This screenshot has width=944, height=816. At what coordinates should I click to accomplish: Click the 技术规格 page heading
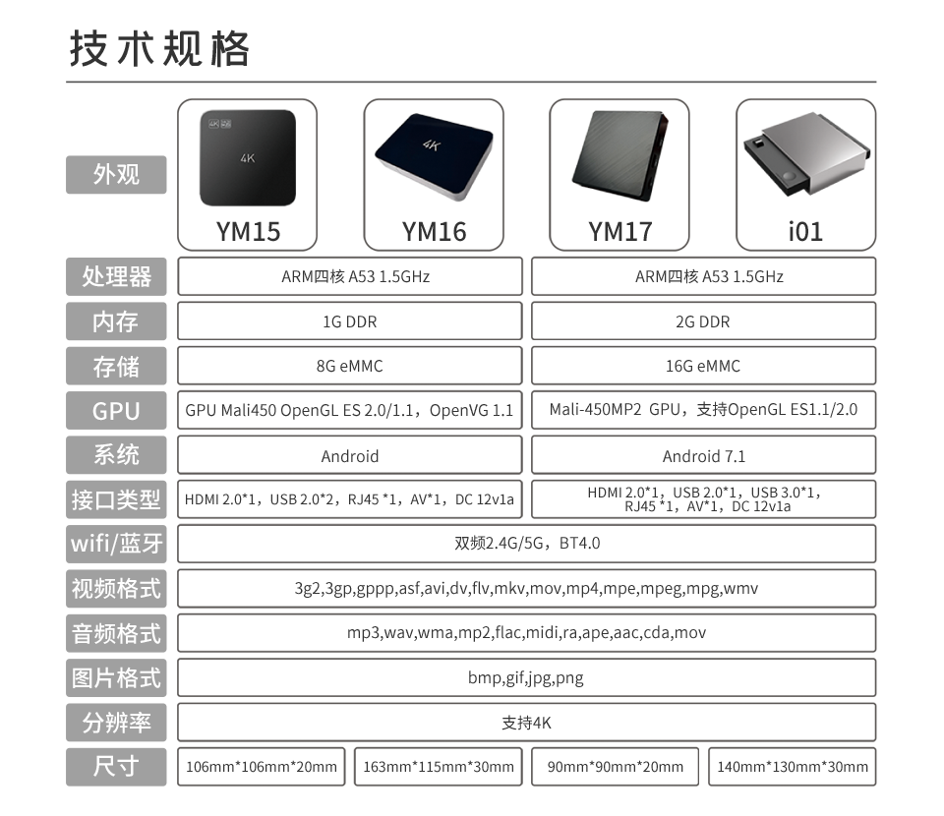click(x=159, y=49)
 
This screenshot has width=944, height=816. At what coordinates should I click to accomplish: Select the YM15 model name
click(x=248, y=232)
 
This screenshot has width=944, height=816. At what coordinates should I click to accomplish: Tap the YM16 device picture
click(x=434, y=156)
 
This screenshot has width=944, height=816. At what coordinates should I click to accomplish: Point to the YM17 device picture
click(x=620, y=155)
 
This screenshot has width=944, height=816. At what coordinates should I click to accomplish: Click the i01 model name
click(x=805, y=232)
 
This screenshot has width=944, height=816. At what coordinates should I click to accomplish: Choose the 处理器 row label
click(x=116, y=277)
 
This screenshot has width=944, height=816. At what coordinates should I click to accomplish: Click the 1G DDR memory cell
click(x=350, y=321)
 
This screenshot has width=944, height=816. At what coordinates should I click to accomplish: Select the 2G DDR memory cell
click(x=703, y=321)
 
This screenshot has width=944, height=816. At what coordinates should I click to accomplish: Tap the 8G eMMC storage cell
click(x=350, y=366)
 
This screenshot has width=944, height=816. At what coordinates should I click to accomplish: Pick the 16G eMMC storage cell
click(x=703, y=366)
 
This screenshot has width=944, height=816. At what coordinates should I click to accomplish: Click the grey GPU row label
click(x=116, y=410)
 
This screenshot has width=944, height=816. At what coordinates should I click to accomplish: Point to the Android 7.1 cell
click(x=703, y=455)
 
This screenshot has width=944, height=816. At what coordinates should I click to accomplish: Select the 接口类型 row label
click(x=116, y=499)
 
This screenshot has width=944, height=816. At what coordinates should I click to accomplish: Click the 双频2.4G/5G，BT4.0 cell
click(x=527, y=544)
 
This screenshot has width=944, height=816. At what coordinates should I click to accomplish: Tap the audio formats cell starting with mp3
click(x=527, y=633)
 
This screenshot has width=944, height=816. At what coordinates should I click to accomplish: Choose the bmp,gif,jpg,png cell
click(x=527, y=677)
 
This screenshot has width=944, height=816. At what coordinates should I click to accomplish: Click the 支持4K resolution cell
click(x=527, y=723)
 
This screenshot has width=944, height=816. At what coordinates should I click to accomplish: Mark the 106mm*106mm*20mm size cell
click(x=262, y=767)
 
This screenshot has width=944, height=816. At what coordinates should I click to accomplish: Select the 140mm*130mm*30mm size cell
click(x=793, y=767)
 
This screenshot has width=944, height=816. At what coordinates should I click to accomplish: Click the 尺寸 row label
click(x=116, y=767)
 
